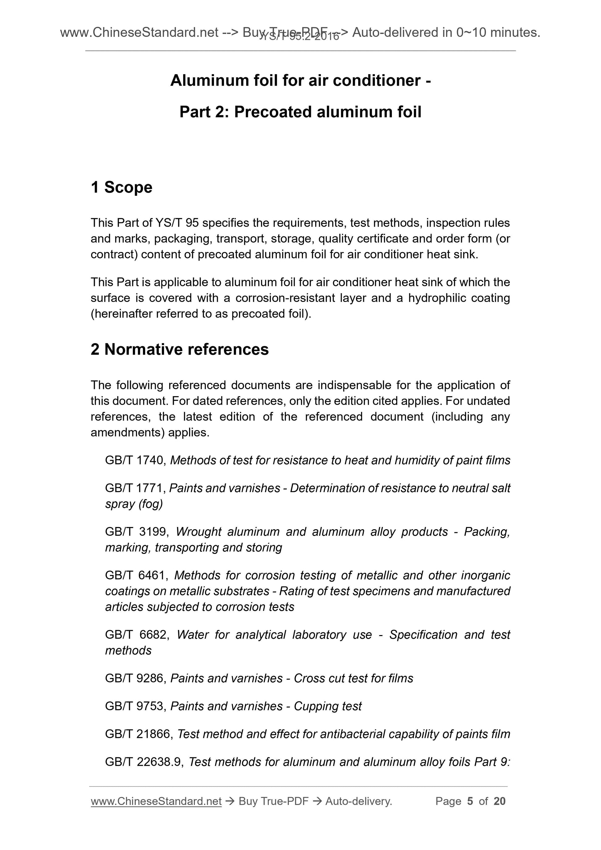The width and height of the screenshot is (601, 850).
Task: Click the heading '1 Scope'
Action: point(121,187)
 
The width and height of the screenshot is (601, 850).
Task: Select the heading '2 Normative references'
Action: point(180,350)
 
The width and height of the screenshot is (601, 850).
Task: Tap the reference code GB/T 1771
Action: point(135,488)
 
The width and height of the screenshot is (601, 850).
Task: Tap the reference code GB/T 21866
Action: point(138,734)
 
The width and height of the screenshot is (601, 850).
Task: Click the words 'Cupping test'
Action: point(327,706)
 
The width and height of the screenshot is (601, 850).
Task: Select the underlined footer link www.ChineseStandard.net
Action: point(156,801)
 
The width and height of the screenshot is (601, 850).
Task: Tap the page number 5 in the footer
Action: point(470,801)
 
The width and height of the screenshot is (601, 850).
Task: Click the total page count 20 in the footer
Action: point(499,801)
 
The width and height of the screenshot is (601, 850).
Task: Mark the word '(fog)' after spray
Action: point(151,504)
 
